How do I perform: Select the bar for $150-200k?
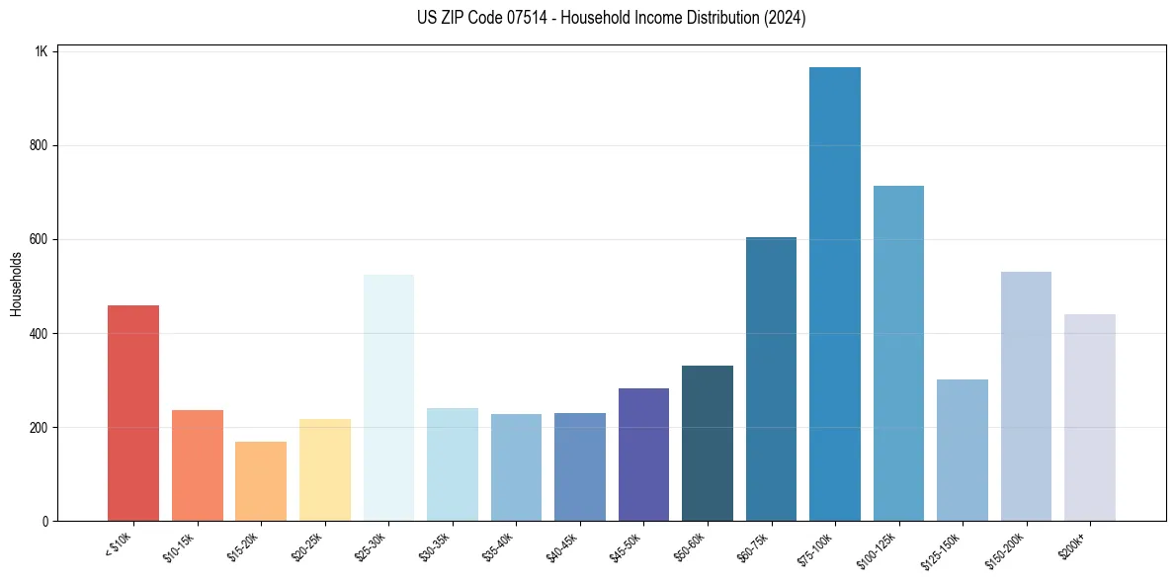[1026, 396]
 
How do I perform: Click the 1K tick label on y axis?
[41, 51]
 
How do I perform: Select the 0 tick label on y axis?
[44, 521]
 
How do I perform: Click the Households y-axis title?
[16, 285]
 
